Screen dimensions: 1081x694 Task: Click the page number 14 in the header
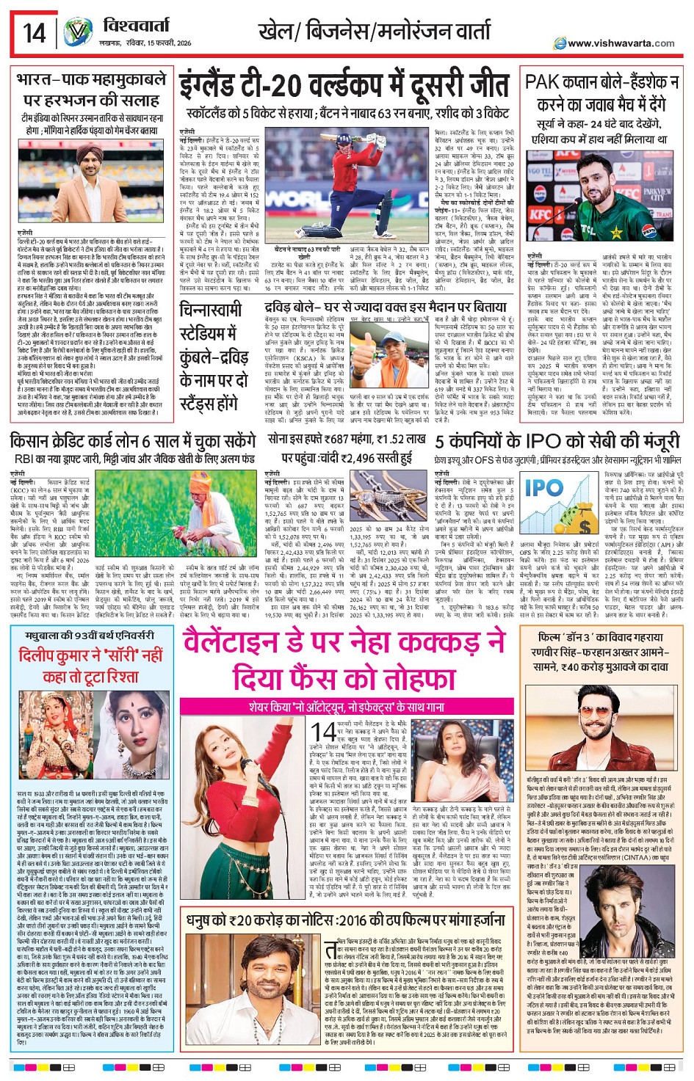pos(34,33)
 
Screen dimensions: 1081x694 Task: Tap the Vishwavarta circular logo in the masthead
pos(77,33)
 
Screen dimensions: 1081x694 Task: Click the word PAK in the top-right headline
pos(542,82)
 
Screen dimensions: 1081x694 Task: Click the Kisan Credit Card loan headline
pos(133,442)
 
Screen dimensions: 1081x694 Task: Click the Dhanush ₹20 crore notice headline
pos(345,921)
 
